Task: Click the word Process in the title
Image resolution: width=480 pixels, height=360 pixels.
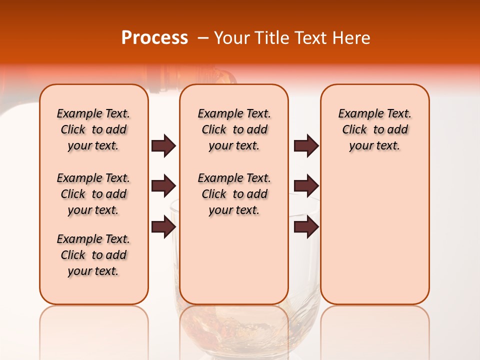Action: [154, 38]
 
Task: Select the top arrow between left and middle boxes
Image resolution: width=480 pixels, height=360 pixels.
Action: [163, 145]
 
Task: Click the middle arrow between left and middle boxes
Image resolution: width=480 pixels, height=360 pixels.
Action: [163, 186]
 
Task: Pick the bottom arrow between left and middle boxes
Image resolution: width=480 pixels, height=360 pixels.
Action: [163, 226]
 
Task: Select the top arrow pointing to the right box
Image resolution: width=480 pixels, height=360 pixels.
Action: [306, 145]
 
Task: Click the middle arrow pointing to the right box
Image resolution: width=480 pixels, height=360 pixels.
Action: [306, 186]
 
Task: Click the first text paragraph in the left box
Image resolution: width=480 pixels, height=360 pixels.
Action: [93, 129]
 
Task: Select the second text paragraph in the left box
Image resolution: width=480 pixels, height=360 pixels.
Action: [93, 194]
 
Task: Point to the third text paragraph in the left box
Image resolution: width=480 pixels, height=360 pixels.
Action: [93, 255]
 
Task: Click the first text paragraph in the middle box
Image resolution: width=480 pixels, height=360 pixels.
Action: [234, 129]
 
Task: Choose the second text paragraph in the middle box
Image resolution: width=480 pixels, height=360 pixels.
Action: [234, 194]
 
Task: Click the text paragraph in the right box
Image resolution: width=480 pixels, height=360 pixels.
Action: [374, 129]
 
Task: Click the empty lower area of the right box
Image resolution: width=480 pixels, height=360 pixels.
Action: [374, 240]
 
